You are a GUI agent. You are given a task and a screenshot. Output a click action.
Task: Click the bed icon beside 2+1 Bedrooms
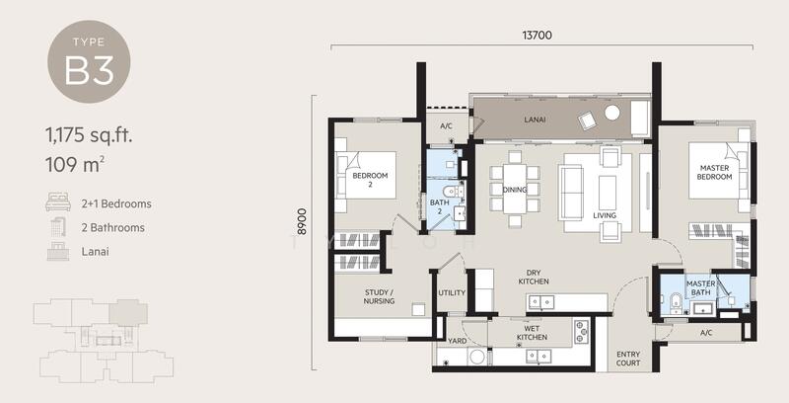pos(56,204)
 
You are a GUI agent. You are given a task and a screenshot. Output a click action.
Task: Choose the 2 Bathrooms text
pos(112,228)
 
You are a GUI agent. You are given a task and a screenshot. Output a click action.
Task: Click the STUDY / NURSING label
pos(380,296)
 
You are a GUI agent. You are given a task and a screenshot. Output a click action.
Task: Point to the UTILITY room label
pos(452,293)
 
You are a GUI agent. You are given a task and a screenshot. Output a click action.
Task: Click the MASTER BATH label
pos(702,287)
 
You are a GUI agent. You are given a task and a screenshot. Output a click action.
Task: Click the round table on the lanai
pos(611,114)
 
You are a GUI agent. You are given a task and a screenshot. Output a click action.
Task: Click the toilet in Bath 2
pos(449,191)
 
